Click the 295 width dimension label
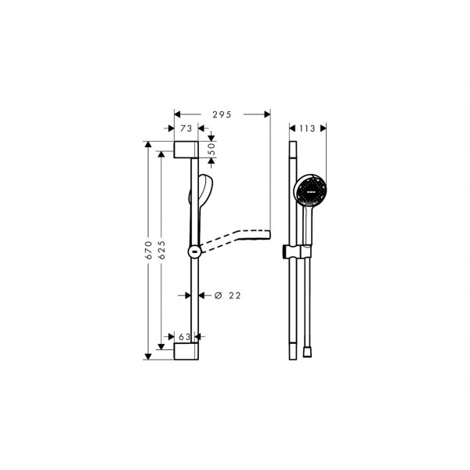point(222,114)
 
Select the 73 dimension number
point(186,128)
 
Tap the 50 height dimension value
point(212,149)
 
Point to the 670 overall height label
point(148,249)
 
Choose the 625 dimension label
point(161,249)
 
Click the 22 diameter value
point(235,295)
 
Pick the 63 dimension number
point(184,337)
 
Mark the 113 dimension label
point(307,128)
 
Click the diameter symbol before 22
point(219,295)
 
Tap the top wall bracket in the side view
point(186,150)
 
